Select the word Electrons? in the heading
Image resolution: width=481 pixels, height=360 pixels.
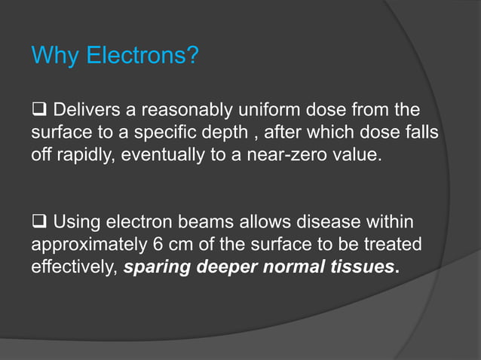[x=141, y=56]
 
